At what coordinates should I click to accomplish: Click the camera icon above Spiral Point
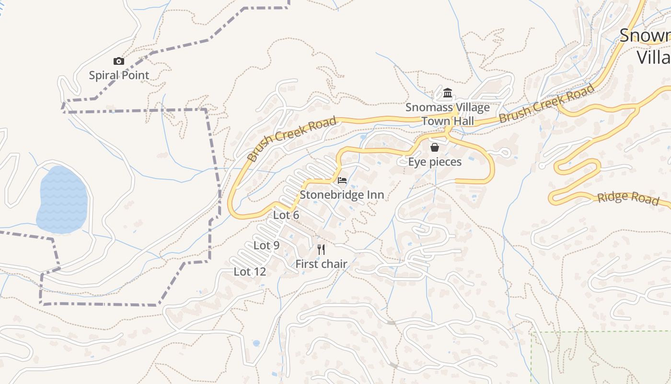tap(119, 61)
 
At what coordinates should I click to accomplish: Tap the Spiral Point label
tap(119, 75)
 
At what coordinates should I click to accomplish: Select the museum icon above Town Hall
tap(448, 93)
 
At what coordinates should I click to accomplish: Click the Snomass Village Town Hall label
tap(448, 114)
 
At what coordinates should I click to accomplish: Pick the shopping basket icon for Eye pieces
tap(435, 147)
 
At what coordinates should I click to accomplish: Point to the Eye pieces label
tap(435, 162)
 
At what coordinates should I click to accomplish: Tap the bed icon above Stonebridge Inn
tap(342, 180)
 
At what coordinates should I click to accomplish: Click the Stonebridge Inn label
tap(342, 195)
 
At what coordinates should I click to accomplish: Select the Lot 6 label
tap(286, 215)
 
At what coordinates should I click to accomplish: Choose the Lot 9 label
tap(266, 245)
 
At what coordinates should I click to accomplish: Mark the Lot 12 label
tap(250, 272)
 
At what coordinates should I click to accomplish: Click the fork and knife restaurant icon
tap(321, 249)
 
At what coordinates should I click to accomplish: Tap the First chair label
tap(321, 264)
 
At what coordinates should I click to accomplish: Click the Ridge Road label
tap(628, 197)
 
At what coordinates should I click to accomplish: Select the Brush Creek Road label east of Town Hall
tap(547, 103)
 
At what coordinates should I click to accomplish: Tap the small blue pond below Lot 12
tap(256, 343)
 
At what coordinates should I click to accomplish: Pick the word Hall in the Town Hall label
tap(461, 121)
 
